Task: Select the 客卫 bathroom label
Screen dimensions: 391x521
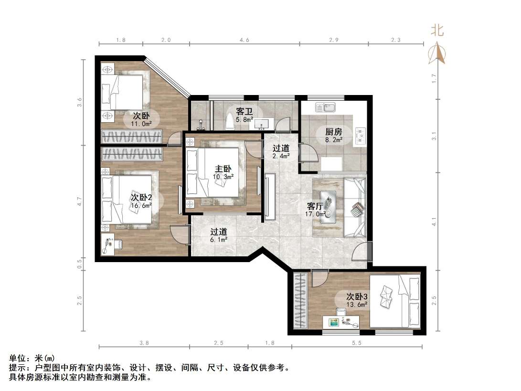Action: pos(244,111)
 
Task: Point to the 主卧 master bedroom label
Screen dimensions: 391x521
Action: pos(223,169)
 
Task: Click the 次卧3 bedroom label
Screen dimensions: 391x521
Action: pos(357,296)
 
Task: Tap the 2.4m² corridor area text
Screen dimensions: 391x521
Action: pos(281,156)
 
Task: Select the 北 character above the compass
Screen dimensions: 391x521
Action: pos(437,31)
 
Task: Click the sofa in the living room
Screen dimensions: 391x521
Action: pos(354,206)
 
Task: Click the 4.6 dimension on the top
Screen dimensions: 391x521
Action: pos(244,41)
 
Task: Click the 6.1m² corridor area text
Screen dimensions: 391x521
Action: pos(219,240)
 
